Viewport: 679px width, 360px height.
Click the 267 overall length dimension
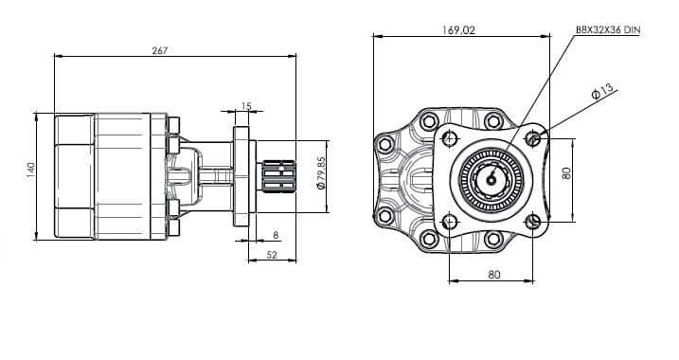pyautogui.click(x=159, y=50)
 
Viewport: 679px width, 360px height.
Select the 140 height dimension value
pyautogui.click(x=30, y=170)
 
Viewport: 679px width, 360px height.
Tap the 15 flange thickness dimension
pyautogui.click(x=246, y=106)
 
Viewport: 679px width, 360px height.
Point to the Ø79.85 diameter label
pyautogui.click(x=320, y=173)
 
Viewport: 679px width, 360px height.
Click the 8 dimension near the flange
pyautogui.click(x=276, y=235)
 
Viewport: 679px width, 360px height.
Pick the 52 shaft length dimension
pyautogui.click(x=272, y=255)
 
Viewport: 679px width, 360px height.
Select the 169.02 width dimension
pyautogui.click(x=458, y=30)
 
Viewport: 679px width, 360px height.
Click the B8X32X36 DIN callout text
pyautogui.click(x=608, y=29)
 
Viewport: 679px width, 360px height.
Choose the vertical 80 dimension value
pyautogui.click(x=566, y=173)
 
